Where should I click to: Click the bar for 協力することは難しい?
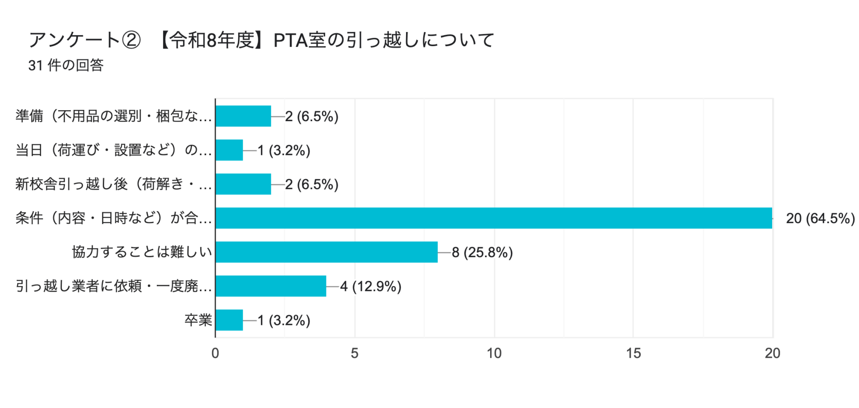pyautogui.click(x=326, y=252)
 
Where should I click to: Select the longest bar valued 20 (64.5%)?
pyautogui.click(x=494, y=218)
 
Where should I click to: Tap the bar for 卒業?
pyautogui.click(x=229, y=320)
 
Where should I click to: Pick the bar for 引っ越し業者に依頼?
pyautogui.click(x=271, y=286)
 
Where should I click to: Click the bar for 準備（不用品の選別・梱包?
pyautogui.click(x=243, y=116)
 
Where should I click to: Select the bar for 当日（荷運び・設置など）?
pyautogui.click(x=229, y=150)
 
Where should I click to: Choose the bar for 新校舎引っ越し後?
pyautogui.click(x=243, y=184)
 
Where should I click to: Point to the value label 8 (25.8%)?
pyautogui.click(x=482, y=252)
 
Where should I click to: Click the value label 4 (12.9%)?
pyautogui.click(x=371, y=286)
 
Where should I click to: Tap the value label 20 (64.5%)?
pyautogui.click(x=820, y=219)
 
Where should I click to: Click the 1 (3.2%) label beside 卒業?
pyautogui.click(x=284, y=320)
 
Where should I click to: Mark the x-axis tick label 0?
pyautogui.click(x=215, y=353)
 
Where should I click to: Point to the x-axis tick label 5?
pyautogui.click(x=354, y=353)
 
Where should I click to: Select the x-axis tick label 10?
pyautogui.click(x=494, y=353)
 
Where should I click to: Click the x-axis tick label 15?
pyautogui.click(x=633, y=353)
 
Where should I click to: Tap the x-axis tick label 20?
pyautogui.click(x=772, y=353)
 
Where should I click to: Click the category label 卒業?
pyautogui.click(x=198, y=320)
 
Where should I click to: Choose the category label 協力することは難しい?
pyautogui.click(x=142, y=252)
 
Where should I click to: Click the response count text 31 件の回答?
pyautogui.click(x=66, y=66)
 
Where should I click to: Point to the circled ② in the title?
pyautogui.click(x=131, y=40)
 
